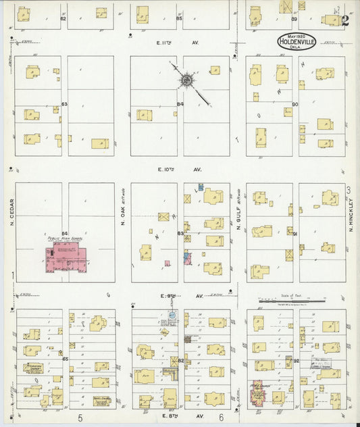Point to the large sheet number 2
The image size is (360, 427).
tap(344, 20)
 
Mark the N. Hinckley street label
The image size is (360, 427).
tap(351, 217)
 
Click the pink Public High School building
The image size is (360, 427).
tap(68, 258)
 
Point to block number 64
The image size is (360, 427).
tap(66, 234)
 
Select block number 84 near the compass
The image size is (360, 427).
tap(180, 104)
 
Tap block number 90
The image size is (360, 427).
tap(294, 104)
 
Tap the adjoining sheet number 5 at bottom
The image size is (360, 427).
tap(80, 418)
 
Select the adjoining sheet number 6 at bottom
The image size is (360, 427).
tap(220, 418)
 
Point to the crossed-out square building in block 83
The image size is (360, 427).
tap(164, 217)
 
